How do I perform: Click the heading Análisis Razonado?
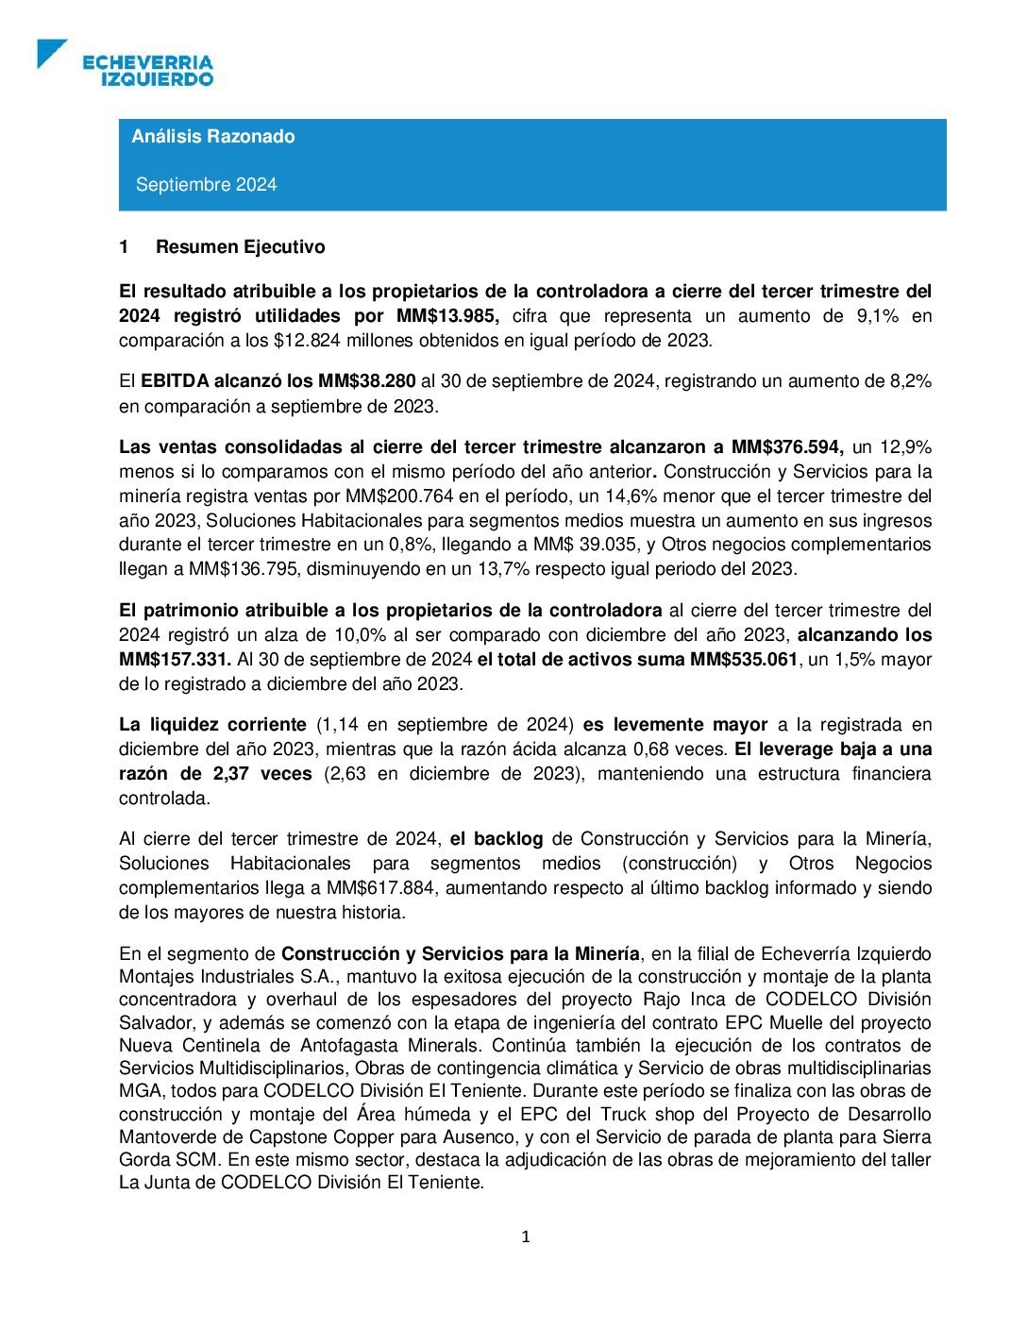[213, 136]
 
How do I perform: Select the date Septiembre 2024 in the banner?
[206, 185]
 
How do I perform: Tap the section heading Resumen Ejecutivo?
[240, 247]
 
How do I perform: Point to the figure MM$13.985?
[447, 316]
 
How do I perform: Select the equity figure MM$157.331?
[175, 660]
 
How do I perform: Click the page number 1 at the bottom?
[526, 1237]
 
